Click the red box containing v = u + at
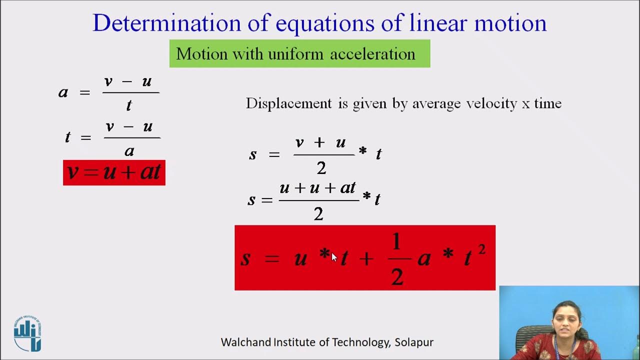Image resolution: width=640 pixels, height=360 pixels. [x=114, y=172]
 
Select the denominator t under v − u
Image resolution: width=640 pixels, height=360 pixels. [x=129, y=105]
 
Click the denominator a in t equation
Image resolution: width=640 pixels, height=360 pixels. [x=129, y=150]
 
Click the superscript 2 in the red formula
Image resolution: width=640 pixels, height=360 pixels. [x=481, y=249]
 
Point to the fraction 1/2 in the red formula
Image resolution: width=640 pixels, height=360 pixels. [x=397, y=259]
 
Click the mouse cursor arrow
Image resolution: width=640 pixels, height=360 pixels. [x=334, y=257]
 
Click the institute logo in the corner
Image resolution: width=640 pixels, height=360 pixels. [x=27, y=333]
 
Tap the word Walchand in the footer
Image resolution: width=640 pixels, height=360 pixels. [x=246, y=342]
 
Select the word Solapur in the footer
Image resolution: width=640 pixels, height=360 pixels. [x=414, y=342]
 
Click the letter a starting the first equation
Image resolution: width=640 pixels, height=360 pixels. [x=63, y=92]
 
